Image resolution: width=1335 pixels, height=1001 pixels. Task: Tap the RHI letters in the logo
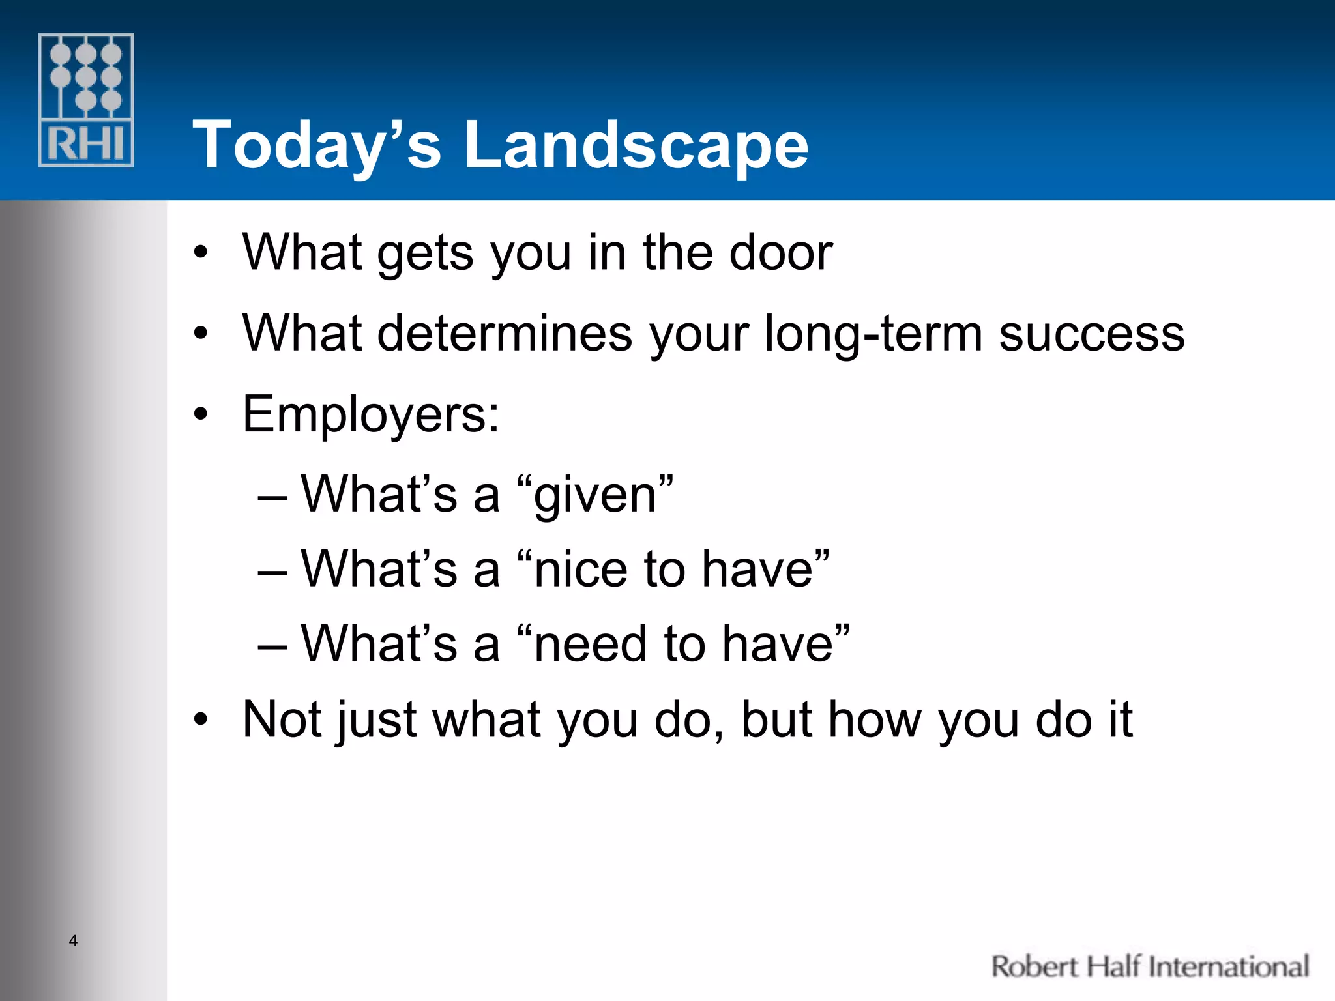86,144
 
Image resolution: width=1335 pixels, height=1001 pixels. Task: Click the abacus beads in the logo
86,77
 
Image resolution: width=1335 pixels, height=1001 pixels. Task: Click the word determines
505,333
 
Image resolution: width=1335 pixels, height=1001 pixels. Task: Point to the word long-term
873,333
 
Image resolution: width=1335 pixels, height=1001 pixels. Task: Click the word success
1092,333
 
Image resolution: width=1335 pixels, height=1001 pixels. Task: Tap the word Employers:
371,414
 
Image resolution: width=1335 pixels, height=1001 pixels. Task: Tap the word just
375,719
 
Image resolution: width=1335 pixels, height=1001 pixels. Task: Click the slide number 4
73,940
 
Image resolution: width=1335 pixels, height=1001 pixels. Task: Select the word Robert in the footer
1034,966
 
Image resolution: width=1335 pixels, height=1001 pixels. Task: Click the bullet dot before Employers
201,414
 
